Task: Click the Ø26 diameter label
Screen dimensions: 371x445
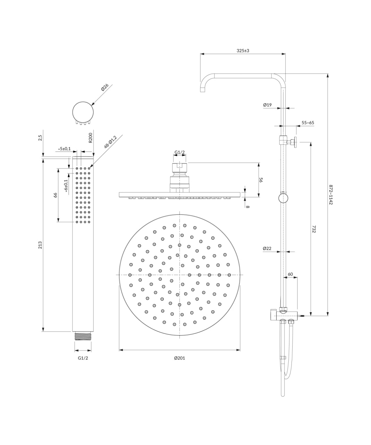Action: coord(105,87)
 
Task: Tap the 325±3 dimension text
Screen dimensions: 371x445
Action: coord(243,50)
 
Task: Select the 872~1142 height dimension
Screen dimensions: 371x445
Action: coord(331,194)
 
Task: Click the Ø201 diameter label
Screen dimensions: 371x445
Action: coord(179,358)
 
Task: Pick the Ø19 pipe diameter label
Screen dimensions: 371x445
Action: coord(267,105)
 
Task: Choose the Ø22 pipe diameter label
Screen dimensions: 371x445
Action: coord(267,248)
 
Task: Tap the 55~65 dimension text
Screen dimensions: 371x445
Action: coord(308,122)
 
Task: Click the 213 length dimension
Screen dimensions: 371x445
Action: coord(40,245)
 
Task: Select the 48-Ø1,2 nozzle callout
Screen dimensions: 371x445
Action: coord(110,142)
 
